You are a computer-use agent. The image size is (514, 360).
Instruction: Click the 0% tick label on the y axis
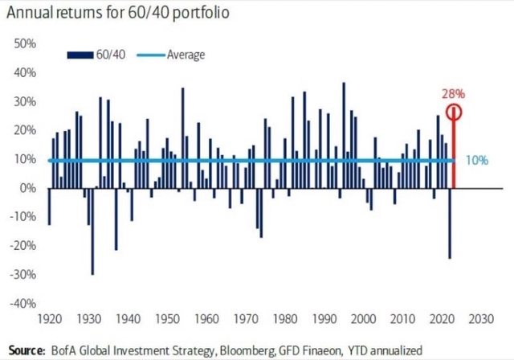(x=27, y=188)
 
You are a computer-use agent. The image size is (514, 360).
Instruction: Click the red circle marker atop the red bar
(x=455, y=112)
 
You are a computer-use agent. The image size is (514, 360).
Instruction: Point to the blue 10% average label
(x=477, y=160)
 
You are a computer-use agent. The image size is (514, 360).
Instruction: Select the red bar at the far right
(x=455, y=153)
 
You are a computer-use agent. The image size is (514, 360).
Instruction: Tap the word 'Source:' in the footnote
(x=26, y=350)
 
